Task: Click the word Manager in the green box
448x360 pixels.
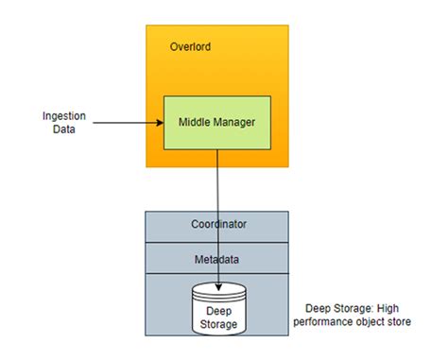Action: [236, 122]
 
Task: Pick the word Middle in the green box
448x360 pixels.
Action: [197, 122]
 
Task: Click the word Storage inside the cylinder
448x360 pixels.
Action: [219, 325]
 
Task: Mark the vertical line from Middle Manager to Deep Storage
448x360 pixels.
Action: [219, 198]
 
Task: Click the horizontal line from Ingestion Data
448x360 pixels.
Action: [123, 122]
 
